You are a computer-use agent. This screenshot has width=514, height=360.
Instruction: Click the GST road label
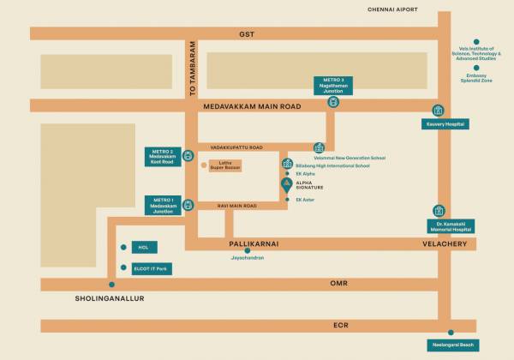point(247,33)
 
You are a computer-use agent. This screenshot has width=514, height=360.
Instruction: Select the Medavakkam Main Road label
point(254,105)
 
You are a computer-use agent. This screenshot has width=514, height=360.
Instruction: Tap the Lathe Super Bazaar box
point(226,165)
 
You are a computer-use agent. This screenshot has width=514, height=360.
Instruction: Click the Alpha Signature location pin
point(286,183)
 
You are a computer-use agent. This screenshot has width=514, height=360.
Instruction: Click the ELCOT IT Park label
point(151,268)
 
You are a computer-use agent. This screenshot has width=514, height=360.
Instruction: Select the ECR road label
point(341,325)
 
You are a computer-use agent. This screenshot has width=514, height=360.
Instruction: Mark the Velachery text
point(443,244)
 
